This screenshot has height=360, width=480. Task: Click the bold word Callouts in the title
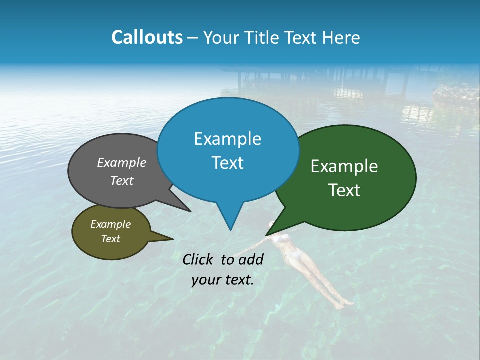click(x=147, y=37)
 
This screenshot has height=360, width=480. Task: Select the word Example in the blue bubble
click(x=227, y=139)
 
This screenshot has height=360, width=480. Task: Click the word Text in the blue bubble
click(x=227, y=163)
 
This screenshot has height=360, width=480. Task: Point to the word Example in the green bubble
click(x=344, y=166)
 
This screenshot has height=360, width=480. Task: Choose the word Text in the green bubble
click(x=344, y=190)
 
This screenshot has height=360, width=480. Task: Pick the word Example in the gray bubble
click(x=122, y=162)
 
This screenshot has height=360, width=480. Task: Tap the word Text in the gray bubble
click(x=122, y=180)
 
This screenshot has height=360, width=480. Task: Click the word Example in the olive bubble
click(x=111, y=224)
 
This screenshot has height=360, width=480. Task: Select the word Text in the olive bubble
click(x=111, y=239)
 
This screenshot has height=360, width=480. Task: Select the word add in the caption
click(x=251, y=259)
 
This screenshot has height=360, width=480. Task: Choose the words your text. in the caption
click(x=223, y=280)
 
